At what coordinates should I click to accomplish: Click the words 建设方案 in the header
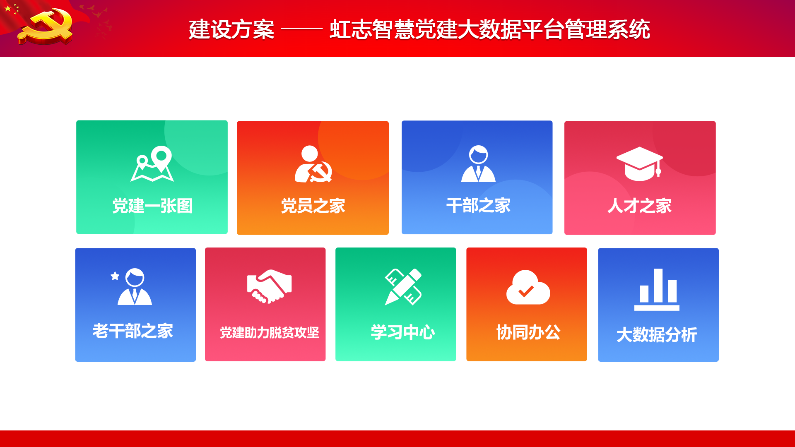click(231, 29)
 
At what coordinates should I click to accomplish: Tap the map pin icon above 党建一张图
click(152, 163)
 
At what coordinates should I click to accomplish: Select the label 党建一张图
click(152, 206)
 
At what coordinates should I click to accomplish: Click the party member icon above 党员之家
click(313, 164)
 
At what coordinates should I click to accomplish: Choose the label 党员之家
click(313, 206)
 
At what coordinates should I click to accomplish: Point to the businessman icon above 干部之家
click(478, 163)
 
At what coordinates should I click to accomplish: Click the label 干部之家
click(478, 205)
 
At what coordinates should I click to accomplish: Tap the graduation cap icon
click(640, 164)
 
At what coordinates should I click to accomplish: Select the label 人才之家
click(640, 206)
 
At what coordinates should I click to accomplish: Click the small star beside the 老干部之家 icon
click(115, 276)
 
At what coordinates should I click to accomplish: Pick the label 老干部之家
click(132, 331)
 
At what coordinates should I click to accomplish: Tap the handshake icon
click(270, 286)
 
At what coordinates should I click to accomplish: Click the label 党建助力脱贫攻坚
click(270, 332)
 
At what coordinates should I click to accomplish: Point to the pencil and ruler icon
click(403, 287)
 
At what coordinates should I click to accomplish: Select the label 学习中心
click(403, 332)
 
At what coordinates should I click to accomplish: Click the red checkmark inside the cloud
click(526, 291)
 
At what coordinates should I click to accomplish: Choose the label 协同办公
click(528, 332)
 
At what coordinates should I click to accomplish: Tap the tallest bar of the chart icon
click(658, 286)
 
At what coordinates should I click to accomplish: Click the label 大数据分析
click(657, 335)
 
